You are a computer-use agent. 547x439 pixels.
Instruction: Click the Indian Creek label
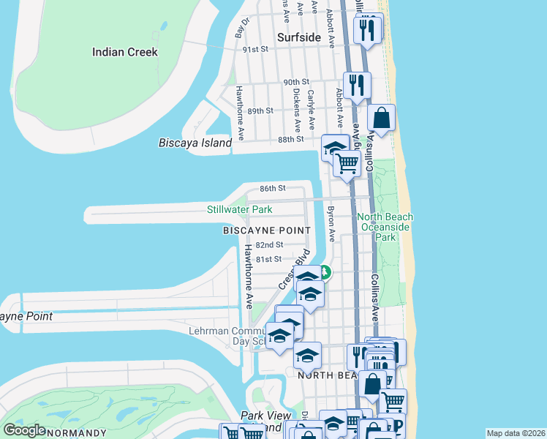[x=125, y=52]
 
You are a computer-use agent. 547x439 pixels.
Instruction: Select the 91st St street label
[x=257, y=49]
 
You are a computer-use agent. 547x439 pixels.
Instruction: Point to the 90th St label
[x=297, y=82]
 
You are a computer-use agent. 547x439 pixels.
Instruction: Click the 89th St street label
[x=260, y=110]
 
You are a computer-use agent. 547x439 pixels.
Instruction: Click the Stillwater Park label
[x=239, y=210]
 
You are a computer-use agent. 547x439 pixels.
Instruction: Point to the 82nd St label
[x=269, y=244]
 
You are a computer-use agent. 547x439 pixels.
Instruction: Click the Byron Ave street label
[x=331, y=224]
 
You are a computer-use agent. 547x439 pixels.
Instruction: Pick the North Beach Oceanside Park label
[x=385, y=227]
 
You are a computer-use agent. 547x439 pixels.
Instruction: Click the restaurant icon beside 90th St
[x=356, y=85]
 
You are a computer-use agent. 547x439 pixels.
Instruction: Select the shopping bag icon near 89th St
[x=381, y=117]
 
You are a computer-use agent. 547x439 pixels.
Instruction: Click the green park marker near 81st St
[x=325, y=273]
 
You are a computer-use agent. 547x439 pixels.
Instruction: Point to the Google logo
[x=24, y=430]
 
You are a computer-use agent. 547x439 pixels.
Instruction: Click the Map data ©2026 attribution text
[x=516, y=433]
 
